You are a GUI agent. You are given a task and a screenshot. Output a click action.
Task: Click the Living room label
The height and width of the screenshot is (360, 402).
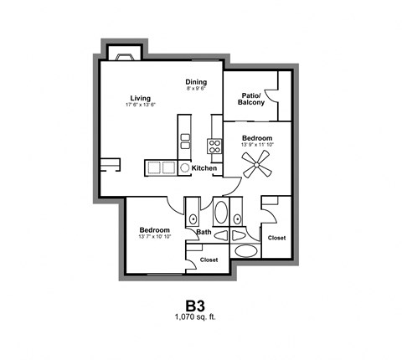pyautogui.click(x=140, y=96)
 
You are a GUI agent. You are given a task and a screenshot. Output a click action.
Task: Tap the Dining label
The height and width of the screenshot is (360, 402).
pyautogui.click(x=196, y=81)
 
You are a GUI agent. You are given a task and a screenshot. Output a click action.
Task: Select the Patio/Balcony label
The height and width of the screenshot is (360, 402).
pyautogui.click(x=250, y=99)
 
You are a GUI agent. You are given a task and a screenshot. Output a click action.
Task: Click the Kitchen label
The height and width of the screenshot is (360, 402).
pyautogui.click(x=204, y=168)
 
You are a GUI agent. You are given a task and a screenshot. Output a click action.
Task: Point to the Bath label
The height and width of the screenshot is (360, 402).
pyautogui.click(x=204, y=232)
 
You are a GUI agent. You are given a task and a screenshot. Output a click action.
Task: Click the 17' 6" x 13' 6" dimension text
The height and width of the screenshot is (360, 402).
pyautogui.click(x=140, y=105)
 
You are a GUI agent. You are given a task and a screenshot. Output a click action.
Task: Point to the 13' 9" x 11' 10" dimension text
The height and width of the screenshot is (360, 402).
pyautogui.click(x=257, y=145)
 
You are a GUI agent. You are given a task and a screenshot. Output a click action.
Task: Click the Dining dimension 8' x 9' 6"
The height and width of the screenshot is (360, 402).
pyautogui.click(x=195, y=89)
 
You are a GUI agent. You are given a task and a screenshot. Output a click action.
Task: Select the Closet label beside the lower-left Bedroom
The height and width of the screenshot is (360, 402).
pyautogui.click(x=209, y=260)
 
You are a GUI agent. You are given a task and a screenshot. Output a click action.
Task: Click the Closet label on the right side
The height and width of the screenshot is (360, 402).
pyautogui.click(x=276, y=238)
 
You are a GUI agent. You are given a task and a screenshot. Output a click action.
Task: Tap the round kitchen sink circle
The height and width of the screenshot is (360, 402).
pyautogui.click(x=186, y=168)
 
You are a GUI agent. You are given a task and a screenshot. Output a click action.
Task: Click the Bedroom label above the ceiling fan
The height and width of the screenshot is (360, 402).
pyautogui.click(x=257, y=137)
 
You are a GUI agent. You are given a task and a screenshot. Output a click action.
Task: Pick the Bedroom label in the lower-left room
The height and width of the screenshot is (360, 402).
pyautogui.click(x=154, y=230)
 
